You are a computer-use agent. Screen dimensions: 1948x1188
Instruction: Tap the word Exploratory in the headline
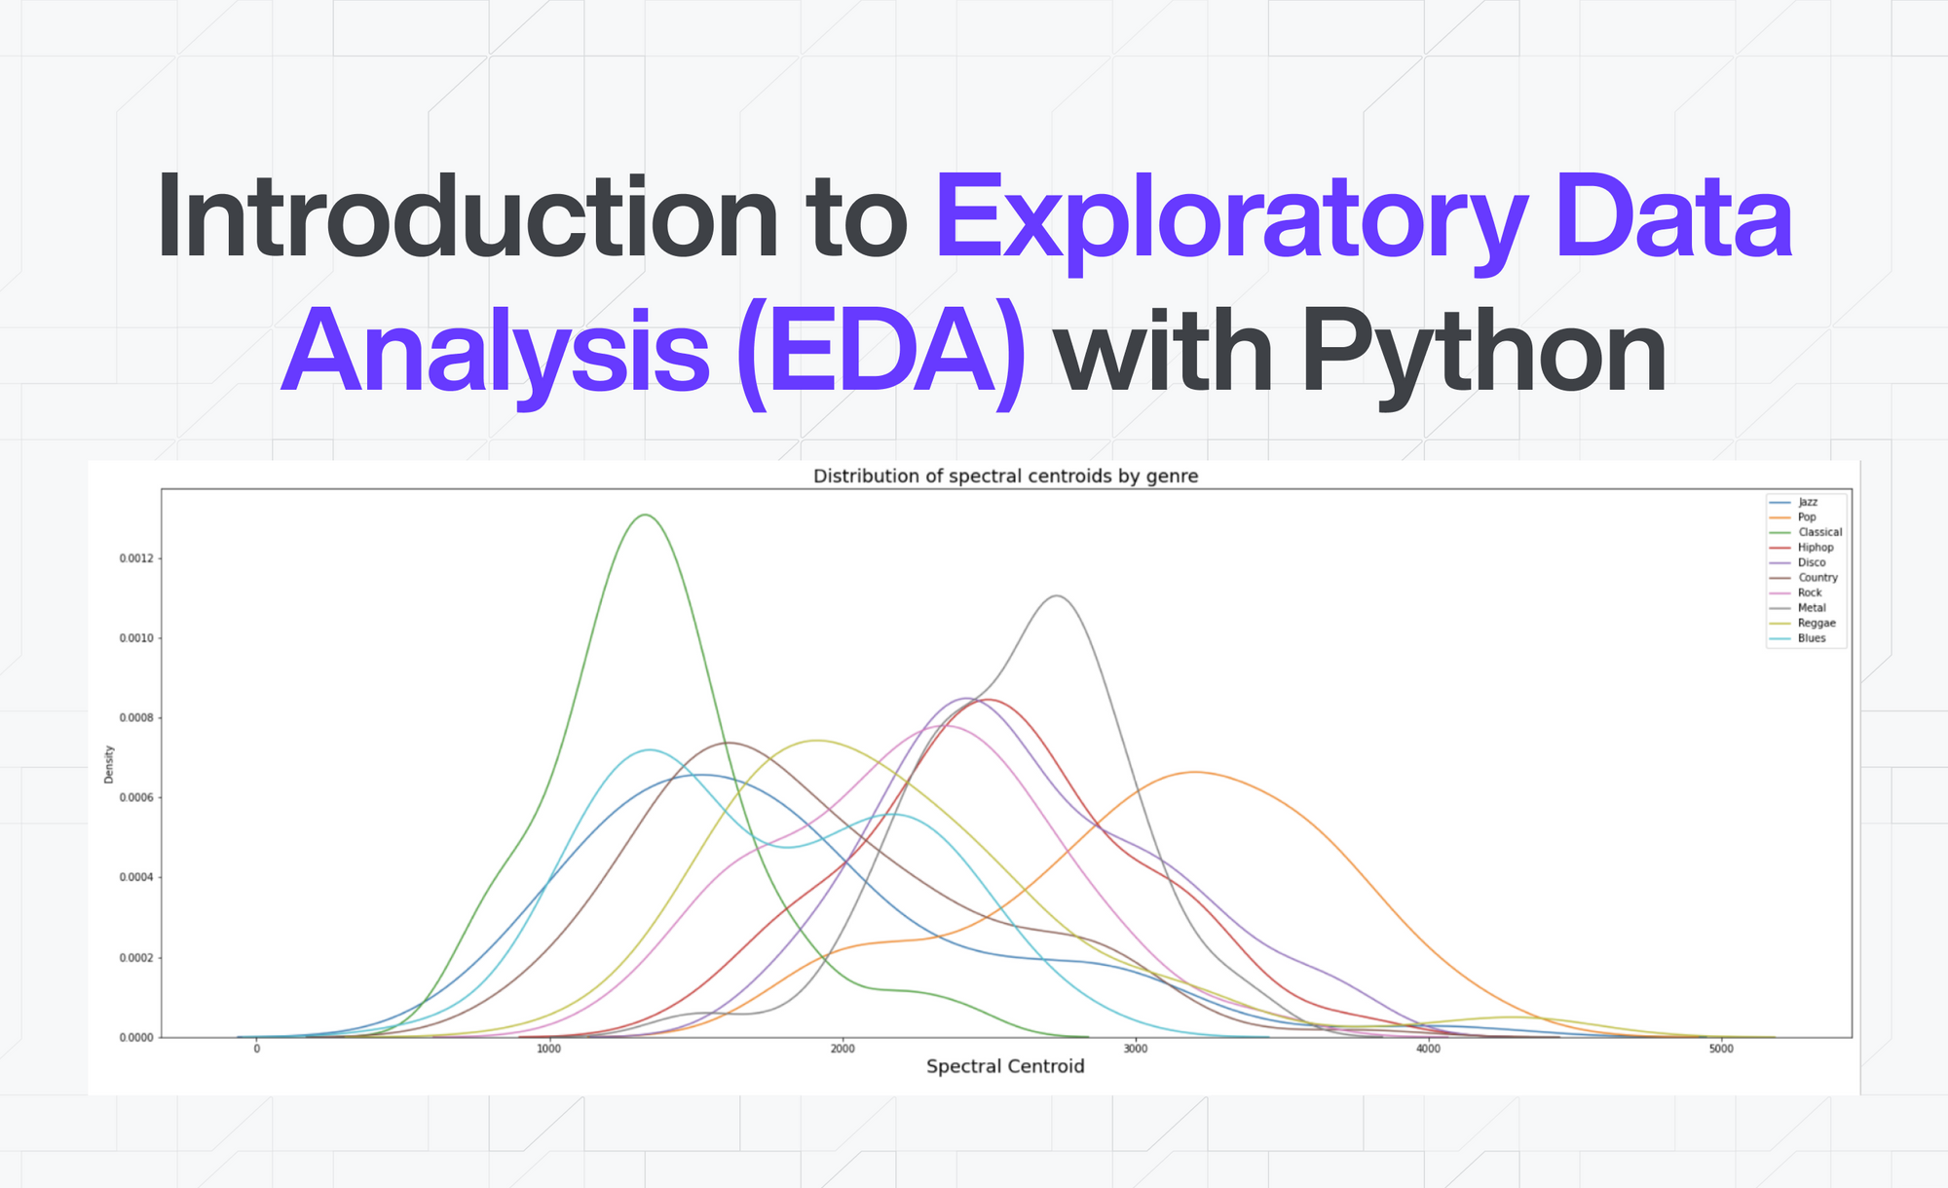pyautogui.click(x=1231, y=222)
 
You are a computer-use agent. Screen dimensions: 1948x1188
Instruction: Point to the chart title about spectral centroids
pyautogui.click(x=1005, y=477)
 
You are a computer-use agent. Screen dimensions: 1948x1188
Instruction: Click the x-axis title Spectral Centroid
pyautogui.click(x=1005, y=1066)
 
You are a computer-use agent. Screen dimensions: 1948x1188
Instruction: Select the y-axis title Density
pyautogui.click(x=109, y=764)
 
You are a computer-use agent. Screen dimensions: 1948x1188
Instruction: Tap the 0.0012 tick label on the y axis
pyautogui.click(x=136, y=558)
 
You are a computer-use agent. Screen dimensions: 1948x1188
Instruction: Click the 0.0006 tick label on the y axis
pyautogui.click(x=136, y=798)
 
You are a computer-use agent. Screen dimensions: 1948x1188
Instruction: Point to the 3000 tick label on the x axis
pyautogui.click(x=1136, y=1049)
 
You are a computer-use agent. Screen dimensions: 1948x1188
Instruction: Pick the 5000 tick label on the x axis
pyautogui.click(x=1721, y=1049)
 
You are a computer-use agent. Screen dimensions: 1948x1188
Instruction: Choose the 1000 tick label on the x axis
pyautogui.click(x=549, y=1049)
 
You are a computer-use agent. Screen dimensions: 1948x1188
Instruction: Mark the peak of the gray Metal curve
pyautogui.click(x=1057, y=595)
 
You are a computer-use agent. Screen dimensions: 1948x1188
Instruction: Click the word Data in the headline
pyautogui.click(x=1673, y=215)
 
